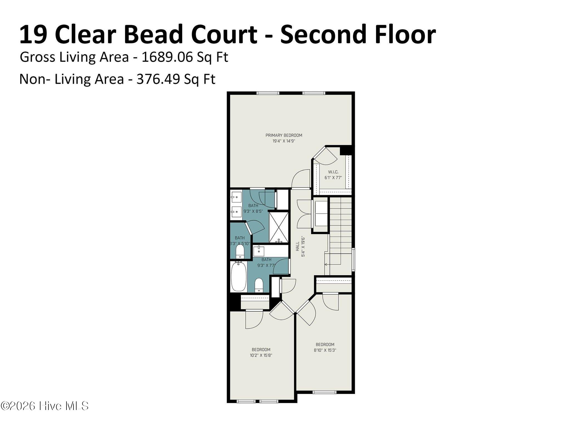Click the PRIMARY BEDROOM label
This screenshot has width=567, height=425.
(284, 135)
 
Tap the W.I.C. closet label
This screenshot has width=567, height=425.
(333, 172)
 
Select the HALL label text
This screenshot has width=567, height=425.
(297, 246)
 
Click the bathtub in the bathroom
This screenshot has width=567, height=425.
(238, 276)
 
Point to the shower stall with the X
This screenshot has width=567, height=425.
(279, 227)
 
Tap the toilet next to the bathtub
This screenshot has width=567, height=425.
(259, 285)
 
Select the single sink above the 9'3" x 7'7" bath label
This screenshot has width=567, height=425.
(259, 251)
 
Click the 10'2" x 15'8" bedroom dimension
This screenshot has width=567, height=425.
(261, 355)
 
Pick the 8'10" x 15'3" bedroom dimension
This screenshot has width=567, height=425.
(325, 350)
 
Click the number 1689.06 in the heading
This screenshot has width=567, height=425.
(167, 57)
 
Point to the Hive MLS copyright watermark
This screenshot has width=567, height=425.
(45, 406)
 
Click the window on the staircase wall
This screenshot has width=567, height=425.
(353, 260)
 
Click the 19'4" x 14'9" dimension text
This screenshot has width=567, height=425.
(284, 141)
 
